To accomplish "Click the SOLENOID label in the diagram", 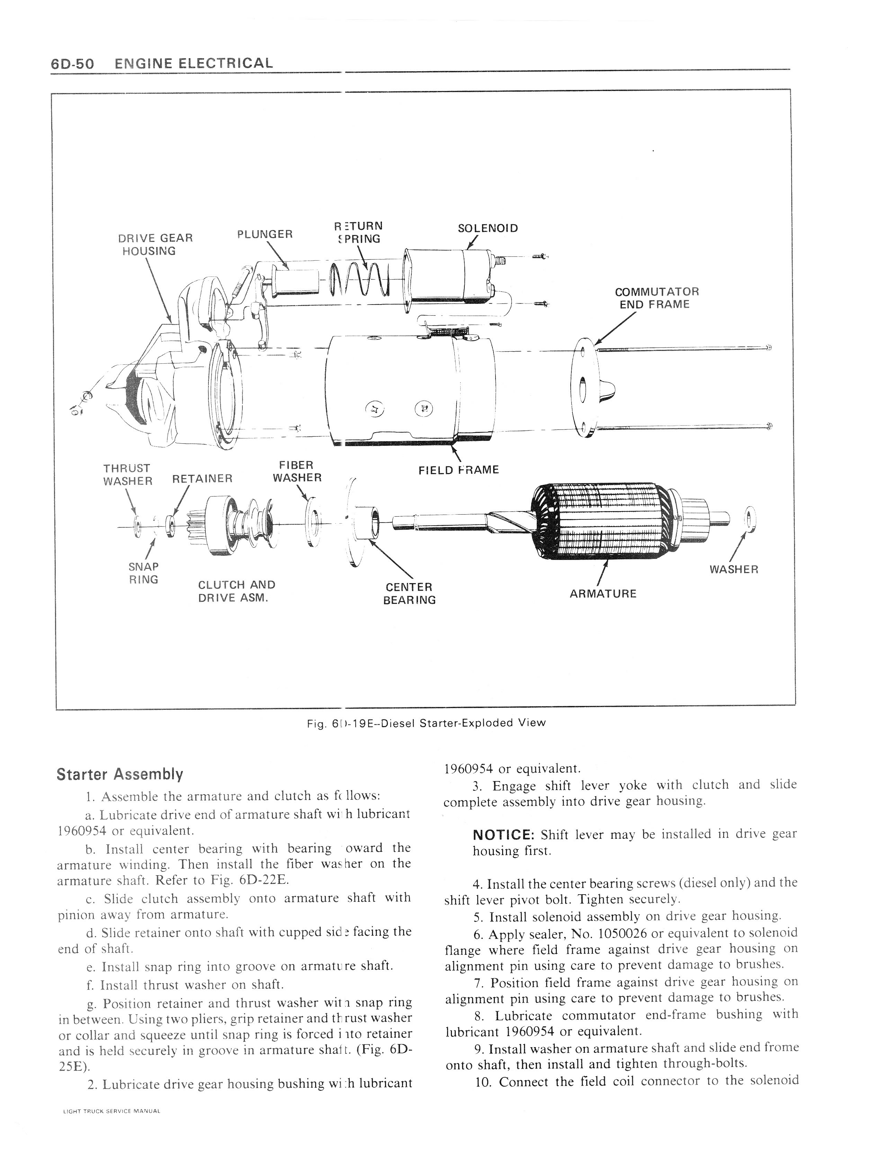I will [x=488, y=228].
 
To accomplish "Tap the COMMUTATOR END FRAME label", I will [x=657, y=298].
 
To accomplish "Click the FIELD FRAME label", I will [x=458, y=470].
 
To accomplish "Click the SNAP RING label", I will [x=143, y=573].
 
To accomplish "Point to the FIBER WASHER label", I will [x=297, y=471].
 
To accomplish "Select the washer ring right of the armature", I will [x=750, y=519].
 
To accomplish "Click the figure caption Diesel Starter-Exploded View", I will [x=426, y=723].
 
